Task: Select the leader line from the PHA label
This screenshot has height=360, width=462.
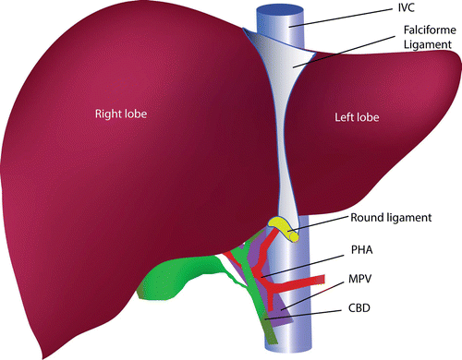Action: (305, 262)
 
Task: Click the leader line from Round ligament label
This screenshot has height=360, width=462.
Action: (320, 224)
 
